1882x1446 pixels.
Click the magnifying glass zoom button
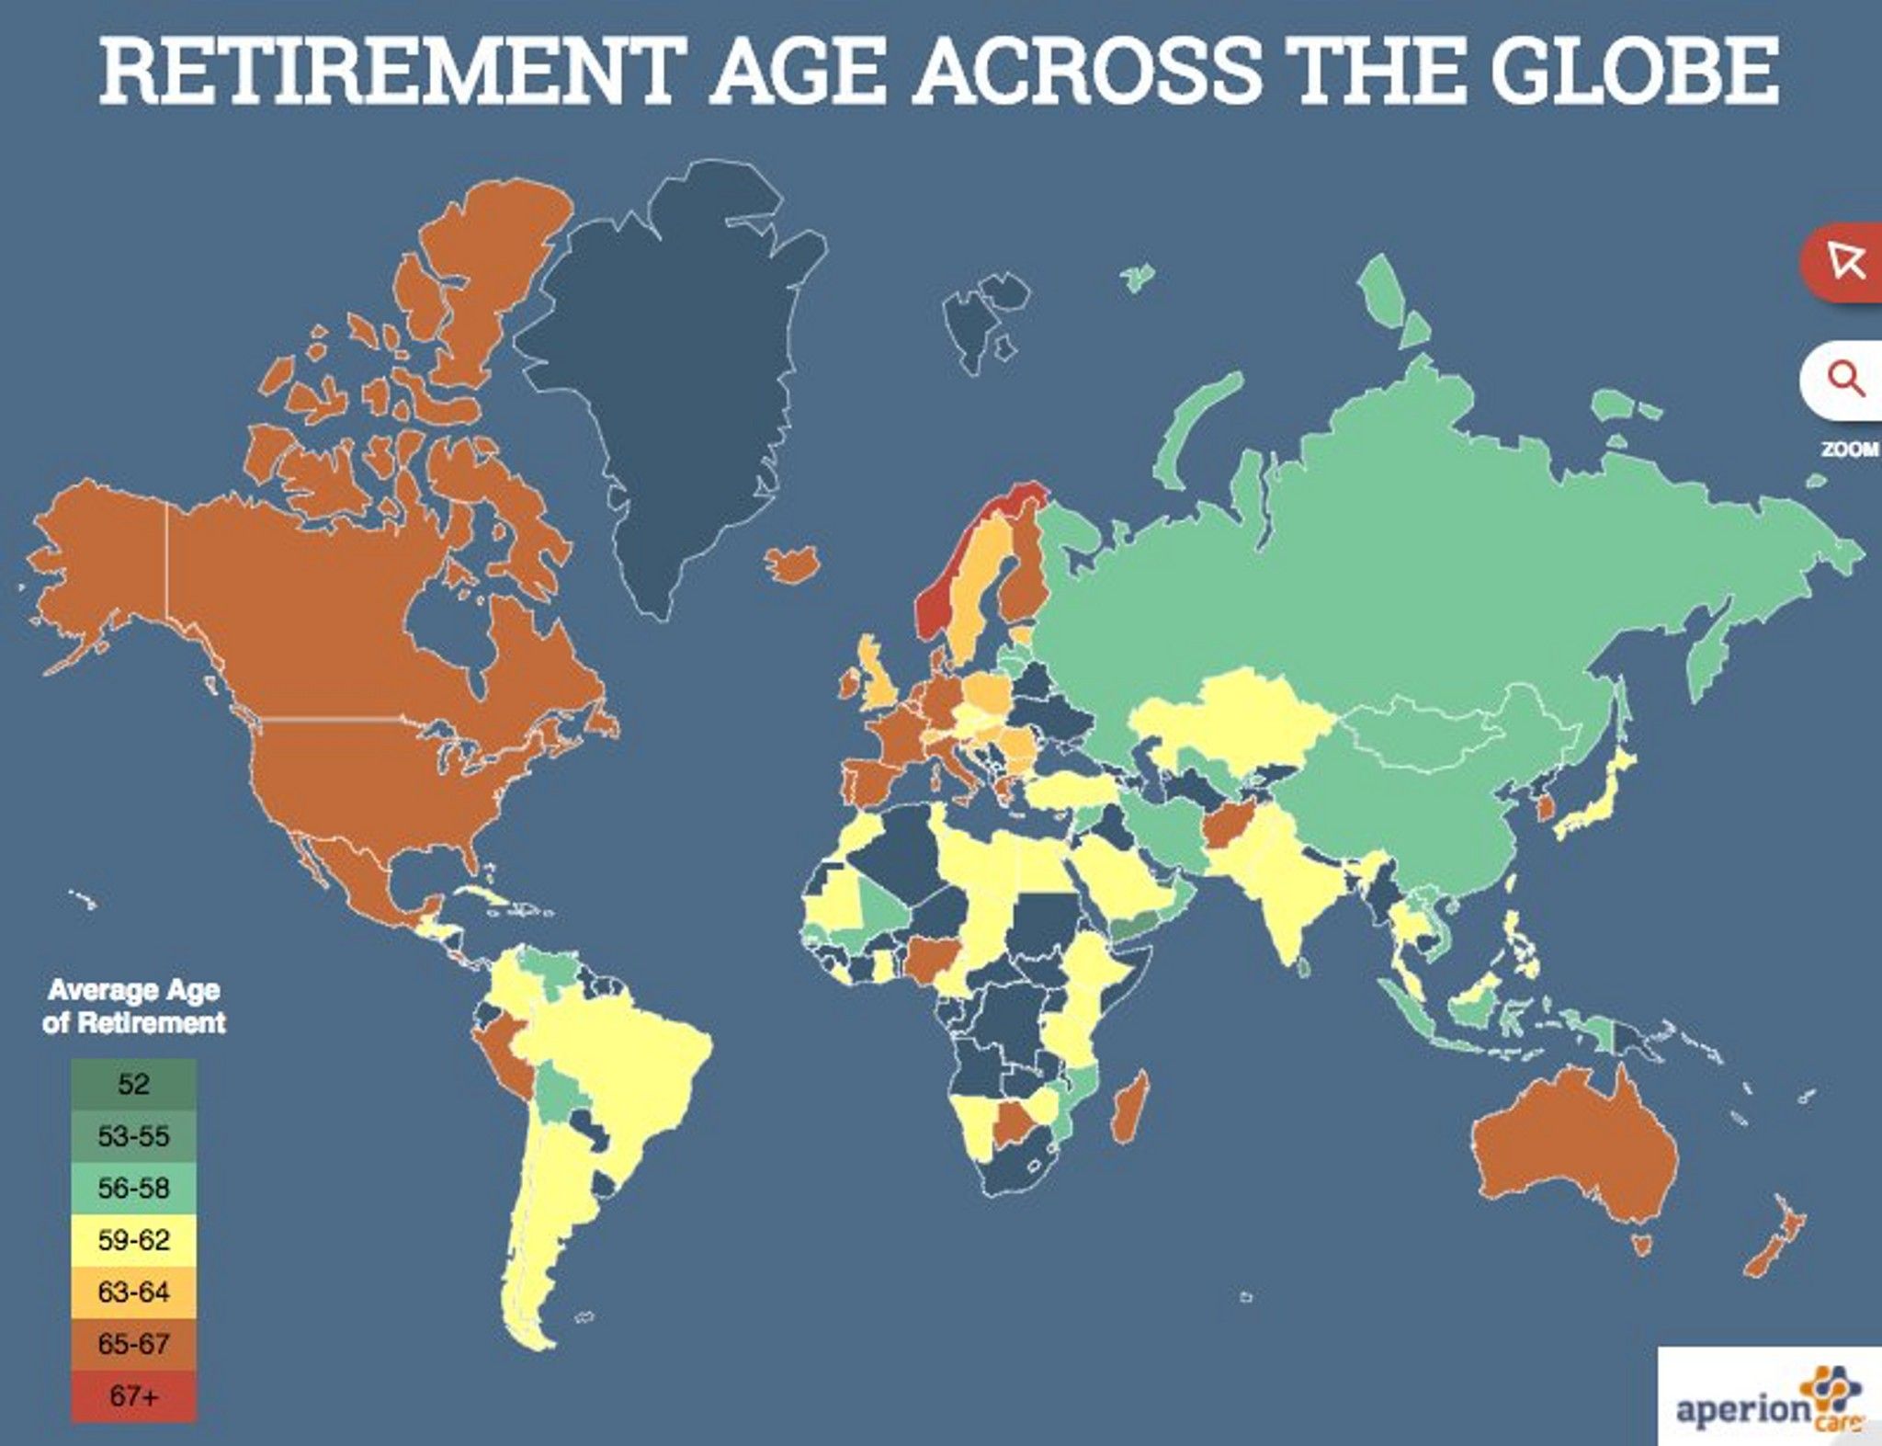(x=1843, y=379)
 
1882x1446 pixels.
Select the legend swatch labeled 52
(x=133, y=1084)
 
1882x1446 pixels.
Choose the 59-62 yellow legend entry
(x=133, y=1240)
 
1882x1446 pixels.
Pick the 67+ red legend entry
(x=133, y=1396)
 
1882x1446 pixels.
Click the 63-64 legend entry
(x=133, y=1292)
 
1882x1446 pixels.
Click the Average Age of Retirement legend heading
(x=134, y=1006)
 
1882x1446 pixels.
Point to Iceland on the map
(x=792, y=563)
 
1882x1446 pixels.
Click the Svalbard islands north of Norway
(x=974, y=322)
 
